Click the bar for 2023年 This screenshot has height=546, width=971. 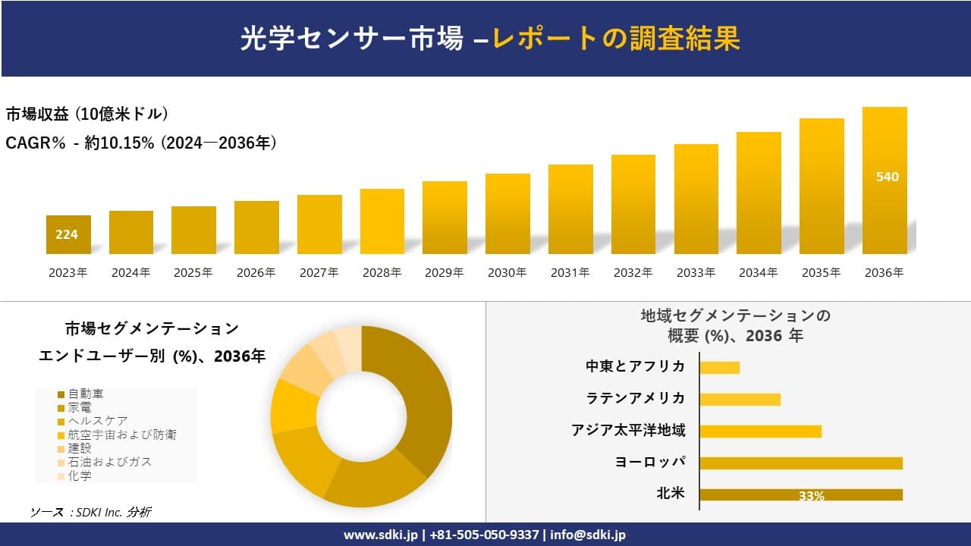click(68, 234)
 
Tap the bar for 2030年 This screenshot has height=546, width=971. click(507, 214)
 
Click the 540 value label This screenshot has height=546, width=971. click(887, 177)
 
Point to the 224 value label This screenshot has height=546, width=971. click(67, 234)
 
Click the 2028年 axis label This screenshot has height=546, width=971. click(382, 273)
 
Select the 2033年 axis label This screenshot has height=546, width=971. click(696, 273)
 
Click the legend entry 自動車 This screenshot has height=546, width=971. click(85, 394)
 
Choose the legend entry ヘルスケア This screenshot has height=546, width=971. click(97, 421)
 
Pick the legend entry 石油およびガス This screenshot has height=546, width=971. click(109, 462)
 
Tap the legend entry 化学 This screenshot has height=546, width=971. click(79, 475)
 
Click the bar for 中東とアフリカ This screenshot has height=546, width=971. click(719, 368)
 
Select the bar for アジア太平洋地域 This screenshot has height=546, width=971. click(760, 431)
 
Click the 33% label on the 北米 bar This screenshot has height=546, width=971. click(811, 496)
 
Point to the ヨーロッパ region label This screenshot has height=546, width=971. click(650, 462)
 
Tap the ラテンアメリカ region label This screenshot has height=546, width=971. click(635, 398)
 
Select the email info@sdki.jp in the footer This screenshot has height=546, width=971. click(589, 535)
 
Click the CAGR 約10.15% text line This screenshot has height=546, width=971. click(141, 143)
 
